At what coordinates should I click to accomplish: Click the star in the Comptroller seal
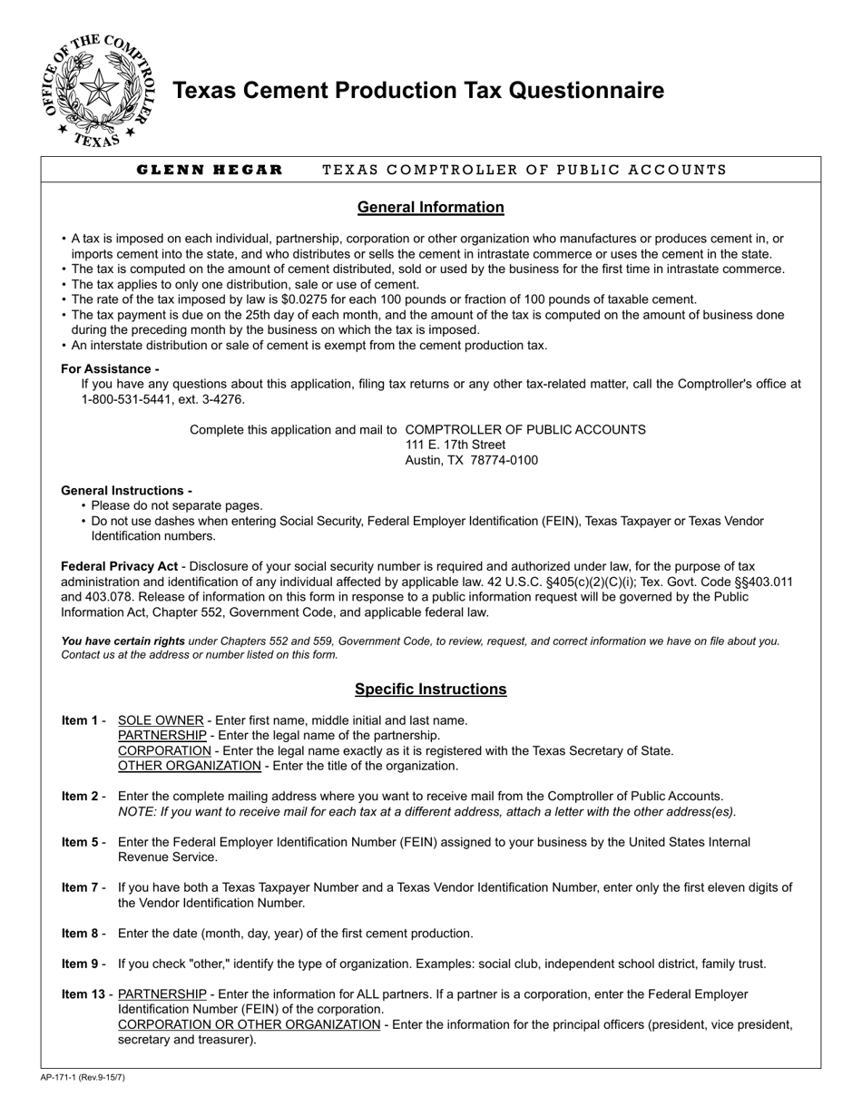point(99,89)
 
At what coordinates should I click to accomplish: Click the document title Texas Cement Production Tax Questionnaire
point(417,91)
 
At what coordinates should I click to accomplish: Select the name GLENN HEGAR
point(210,170)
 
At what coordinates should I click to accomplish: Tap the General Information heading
point(430,207)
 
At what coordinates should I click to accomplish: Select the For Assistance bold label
point(110,368)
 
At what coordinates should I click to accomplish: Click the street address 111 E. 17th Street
point(455,445)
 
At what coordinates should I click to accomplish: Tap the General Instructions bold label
point(126,490)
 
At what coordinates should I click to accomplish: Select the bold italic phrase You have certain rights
point(122,641)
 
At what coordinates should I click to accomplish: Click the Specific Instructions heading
point(430,689)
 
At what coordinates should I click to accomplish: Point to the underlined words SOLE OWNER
point(161,720)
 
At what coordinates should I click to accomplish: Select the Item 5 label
point(80,842)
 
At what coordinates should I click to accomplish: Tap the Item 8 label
point(80,933)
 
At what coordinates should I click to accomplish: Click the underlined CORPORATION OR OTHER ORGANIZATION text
point(249,1024)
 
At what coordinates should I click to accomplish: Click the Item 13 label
point(83,994)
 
